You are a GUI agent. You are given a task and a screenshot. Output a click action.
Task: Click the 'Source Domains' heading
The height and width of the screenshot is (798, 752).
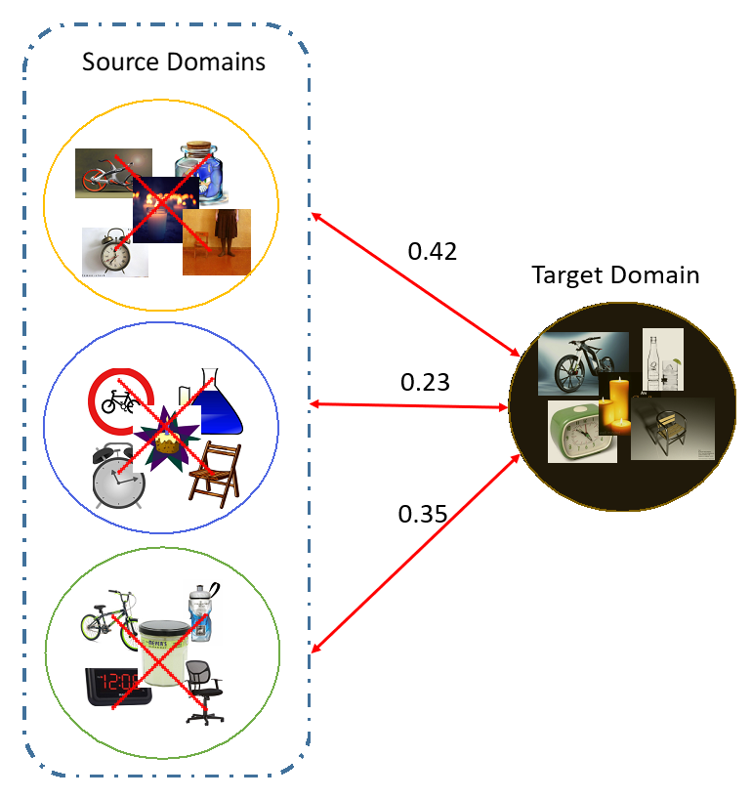173,63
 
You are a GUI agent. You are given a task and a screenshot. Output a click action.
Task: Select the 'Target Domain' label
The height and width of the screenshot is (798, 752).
615,274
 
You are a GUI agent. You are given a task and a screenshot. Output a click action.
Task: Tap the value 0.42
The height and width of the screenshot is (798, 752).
432,251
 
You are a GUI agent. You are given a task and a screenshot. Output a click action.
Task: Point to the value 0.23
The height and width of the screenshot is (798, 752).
425,382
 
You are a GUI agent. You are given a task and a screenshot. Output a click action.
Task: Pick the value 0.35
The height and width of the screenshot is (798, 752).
422,512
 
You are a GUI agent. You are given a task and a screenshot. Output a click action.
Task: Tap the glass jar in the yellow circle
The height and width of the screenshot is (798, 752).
204,172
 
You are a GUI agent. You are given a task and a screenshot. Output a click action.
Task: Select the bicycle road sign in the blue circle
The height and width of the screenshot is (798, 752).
118,399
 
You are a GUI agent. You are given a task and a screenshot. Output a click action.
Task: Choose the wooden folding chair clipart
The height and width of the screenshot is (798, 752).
213,474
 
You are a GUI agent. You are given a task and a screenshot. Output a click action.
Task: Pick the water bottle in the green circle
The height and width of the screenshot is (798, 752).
201,611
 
